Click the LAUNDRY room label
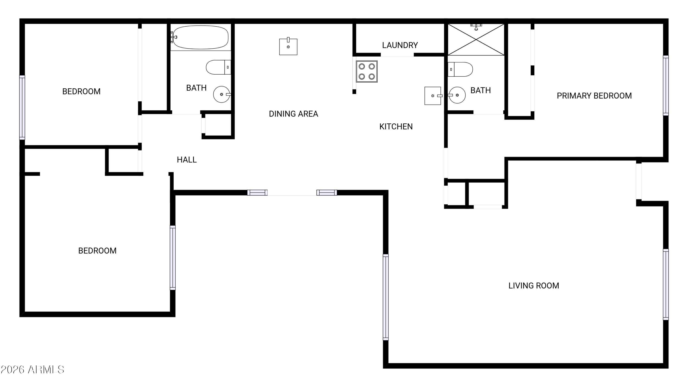tap(400, 45)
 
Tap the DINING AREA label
tap(293, 114)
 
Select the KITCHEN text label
tap(396, 126)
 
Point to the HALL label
tap(187, 160)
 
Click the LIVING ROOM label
tap(534, 286)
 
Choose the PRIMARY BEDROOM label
tap(594, 96)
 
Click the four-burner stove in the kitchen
tap(367, 72)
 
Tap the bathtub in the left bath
tap(200, 37)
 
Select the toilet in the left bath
tap(218, 67)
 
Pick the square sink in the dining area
tap(288, 47)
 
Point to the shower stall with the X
tap(476, 39)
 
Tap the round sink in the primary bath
tap(457, 95)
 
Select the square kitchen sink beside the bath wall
tap(433, 96)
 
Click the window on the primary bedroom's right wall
tap(666, 86)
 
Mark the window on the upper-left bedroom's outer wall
tap(22, 107)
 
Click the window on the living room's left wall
tap(386, 297)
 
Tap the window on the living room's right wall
tap(666, 284)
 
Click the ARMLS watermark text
tap(32, 370)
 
